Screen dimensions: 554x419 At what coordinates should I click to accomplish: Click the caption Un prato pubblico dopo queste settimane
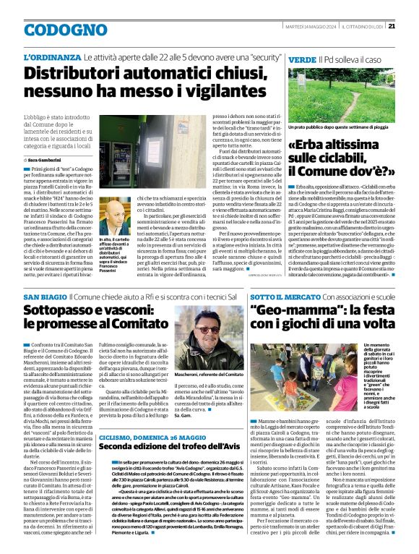[x=331, y=147]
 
